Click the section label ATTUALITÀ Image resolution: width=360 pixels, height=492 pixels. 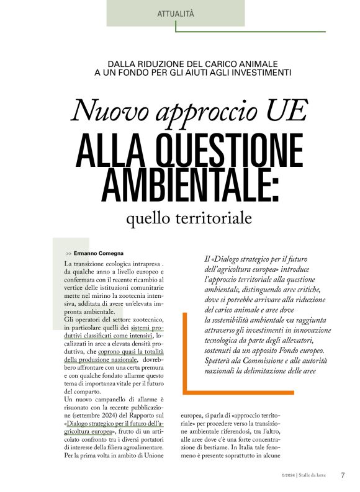pyautogui.click(x=176, y=12)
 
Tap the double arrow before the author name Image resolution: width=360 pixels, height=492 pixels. pyautogui.click(x=68, y=254)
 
